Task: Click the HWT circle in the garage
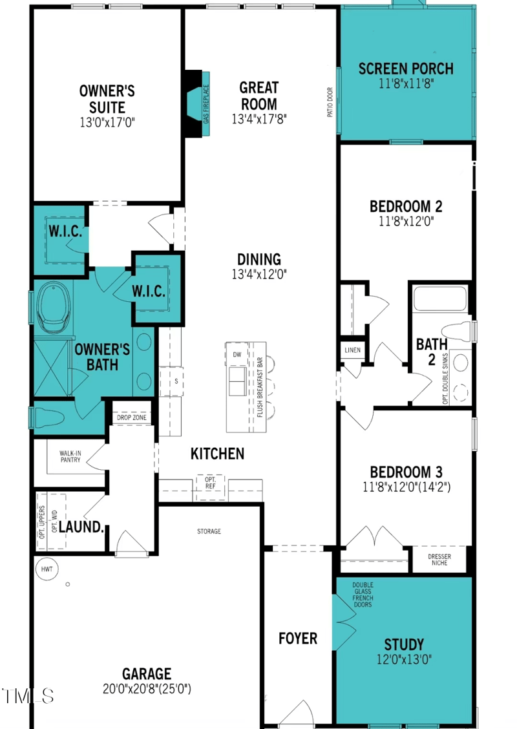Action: tap(47, 569)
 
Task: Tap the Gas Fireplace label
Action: tap(206, 104)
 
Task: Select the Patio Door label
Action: tap(330, 102)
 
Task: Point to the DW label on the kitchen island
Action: tap(237, 355)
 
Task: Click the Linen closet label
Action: tap(353, 350)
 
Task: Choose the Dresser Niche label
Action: tap(439, 560)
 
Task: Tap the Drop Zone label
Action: tap(132, 418)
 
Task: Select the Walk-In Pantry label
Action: tap(70, 456)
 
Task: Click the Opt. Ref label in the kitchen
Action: tap(211, 483)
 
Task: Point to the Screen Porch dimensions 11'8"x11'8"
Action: tap(406, 83)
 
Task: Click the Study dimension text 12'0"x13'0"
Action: tap(404, 659)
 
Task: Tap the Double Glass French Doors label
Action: tap(363, 595)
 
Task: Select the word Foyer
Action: tap(298, 639)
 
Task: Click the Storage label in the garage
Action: tap(209, 531)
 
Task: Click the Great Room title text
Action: tap(258, 95)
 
